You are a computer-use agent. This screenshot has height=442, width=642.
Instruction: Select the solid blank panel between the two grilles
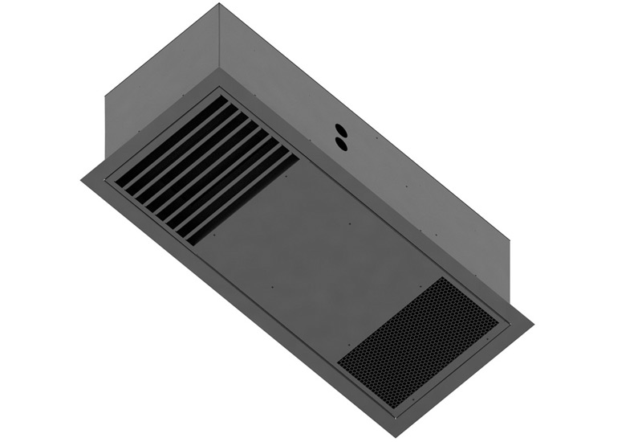(321, 241)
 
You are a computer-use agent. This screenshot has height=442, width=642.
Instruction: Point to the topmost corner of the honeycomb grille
(444, 279)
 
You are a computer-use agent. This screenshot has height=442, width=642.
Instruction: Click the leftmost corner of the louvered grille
(113, 179)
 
